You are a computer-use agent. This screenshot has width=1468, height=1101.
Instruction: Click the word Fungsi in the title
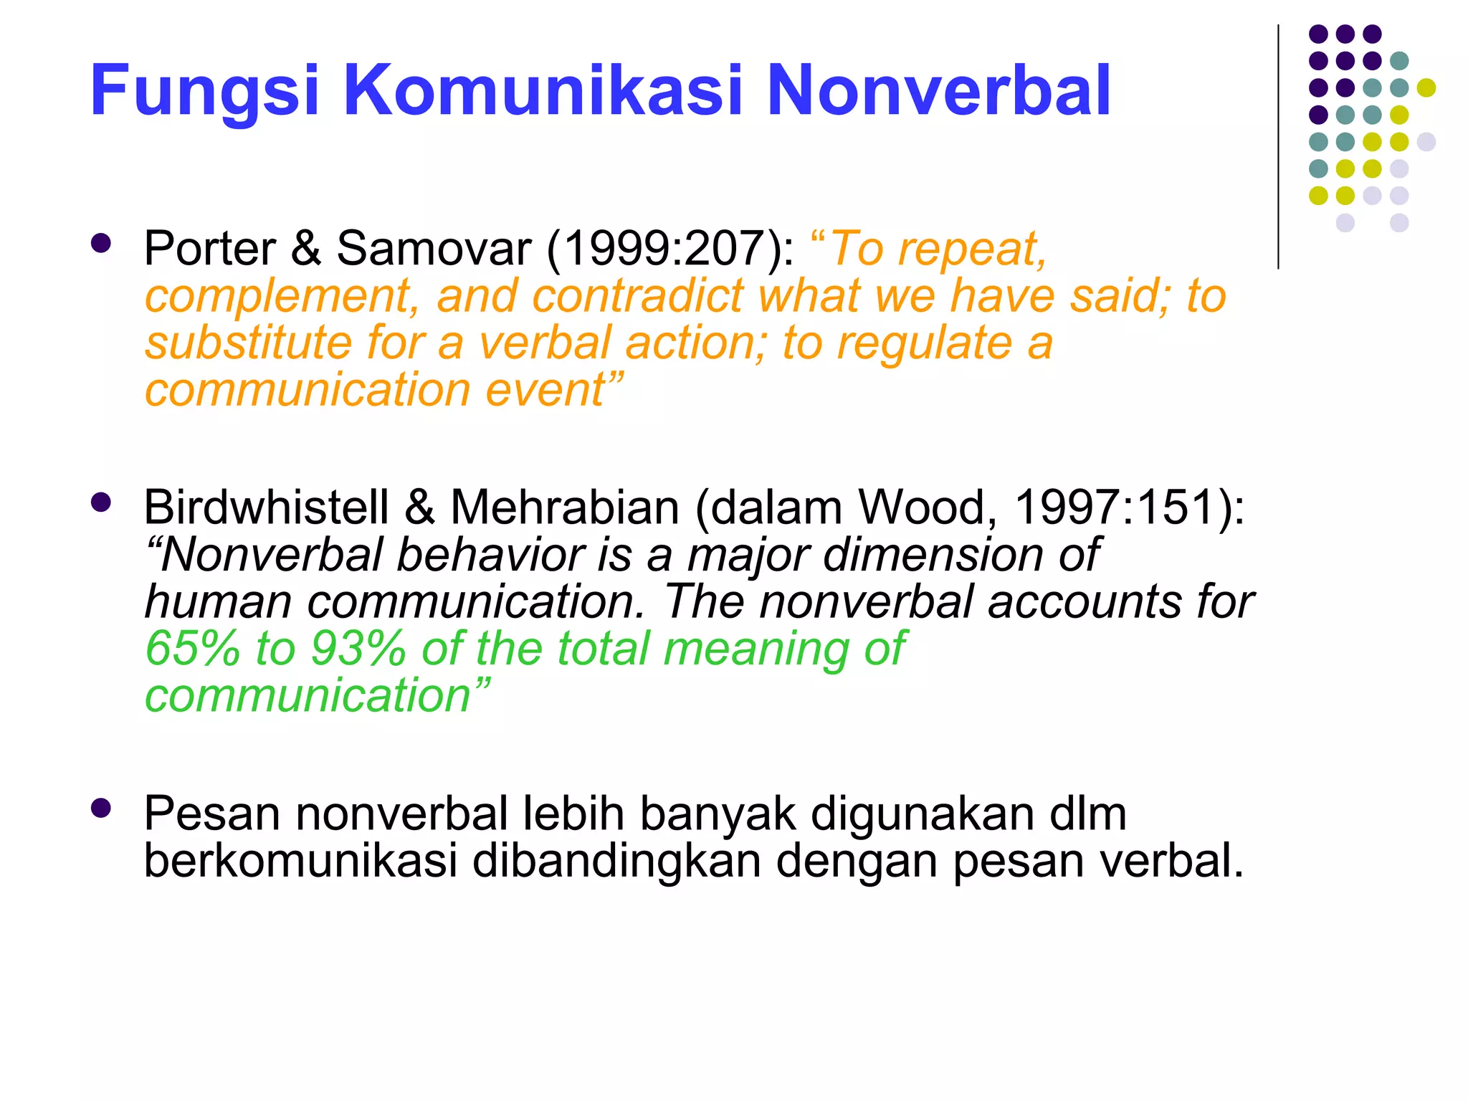point(204,92)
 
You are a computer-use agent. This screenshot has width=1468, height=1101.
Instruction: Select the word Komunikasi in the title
point(543,90)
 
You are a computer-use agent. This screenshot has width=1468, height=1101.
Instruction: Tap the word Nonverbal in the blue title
point(938,90)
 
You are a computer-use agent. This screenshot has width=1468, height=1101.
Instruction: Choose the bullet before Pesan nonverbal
point(101,809)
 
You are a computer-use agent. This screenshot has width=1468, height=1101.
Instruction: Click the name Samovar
point(434,249)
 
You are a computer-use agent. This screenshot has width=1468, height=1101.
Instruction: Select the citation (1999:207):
point(670,249)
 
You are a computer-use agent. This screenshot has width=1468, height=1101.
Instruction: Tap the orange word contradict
point(638,296)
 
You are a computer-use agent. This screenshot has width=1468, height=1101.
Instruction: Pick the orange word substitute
point(248,343)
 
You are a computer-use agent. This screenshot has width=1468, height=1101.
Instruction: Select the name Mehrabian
point(565,507)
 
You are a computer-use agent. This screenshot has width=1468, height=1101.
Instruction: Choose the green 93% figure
point(358,649)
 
